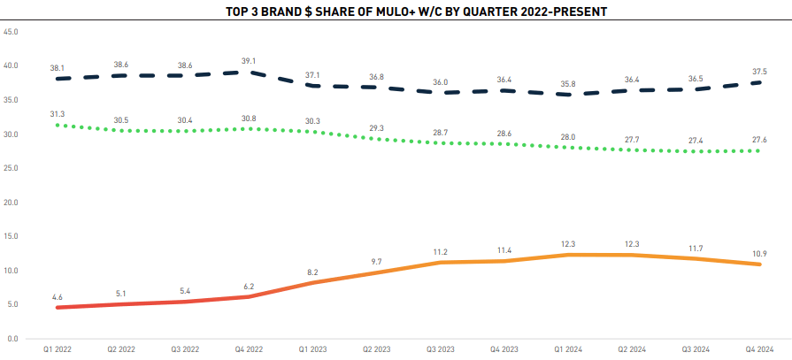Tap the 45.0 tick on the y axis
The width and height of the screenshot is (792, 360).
click(12, 32)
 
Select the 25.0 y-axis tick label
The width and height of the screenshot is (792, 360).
click(12, 168)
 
